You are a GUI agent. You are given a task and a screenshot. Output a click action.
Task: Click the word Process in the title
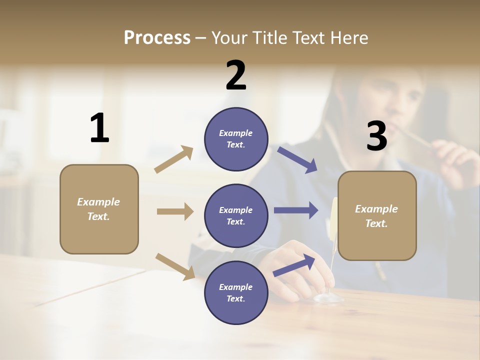(x=157, y=38)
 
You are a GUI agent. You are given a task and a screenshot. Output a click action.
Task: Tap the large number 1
(x=99, y=128)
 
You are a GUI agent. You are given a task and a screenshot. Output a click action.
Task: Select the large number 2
(x=236, y=76)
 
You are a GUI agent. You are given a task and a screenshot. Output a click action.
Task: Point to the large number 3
(x=376, y=136)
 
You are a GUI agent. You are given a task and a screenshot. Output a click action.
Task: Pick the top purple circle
(x=236, y=139)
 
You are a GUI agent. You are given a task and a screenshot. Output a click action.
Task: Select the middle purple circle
(x=236, y=215)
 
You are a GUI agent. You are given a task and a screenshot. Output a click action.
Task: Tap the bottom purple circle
(x=236, y=292)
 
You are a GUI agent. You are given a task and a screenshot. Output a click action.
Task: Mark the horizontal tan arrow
(x=175, y=211)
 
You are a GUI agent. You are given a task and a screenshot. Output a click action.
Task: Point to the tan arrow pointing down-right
(x=175, y=266)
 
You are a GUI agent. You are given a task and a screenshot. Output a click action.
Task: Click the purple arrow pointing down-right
(x=297, y=159)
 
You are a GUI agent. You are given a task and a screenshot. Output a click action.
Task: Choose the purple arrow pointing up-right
(x=294, y=265)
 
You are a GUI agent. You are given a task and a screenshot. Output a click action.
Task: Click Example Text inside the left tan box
(x=98, y=209)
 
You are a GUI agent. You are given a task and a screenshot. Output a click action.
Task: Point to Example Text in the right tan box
(x=376, y=216)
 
